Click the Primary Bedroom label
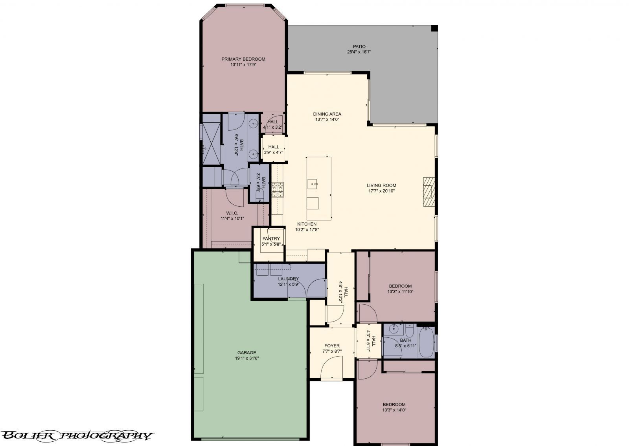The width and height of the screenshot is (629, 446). (243, 59)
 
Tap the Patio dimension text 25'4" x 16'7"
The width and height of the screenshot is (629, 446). (359, 52)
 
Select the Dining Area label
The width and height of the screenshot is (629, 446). (327, 114)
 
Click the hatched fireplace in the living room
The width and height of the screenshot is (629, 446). (429, 192)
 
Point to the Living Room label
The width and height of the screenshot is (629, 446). (381, 185)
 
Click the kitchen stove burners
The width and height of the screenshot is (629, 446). (278, 189)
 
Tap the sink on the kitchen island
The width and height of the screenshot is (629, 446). (312, 184)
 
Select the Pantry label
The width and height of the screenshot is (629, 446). (271, 239)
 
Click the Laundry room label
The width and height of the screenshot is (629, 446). (289, 279)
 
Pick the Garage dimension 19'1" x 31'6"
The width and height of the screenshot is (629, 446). (247, 358)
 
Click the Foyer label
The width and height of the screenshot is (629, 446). (332, 346)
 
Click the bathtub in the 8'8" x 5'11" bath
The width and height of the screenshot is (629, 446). (426, 343)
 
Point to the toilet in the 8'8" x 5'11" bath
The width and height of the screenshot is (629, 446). (409, 331)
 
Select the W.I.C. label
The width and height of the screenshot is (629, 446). (232, 213)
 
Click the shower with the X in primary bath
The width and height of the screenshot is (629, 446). (212, 144)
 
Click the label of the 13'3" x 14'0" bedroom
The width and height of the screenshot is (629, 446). (394, 404)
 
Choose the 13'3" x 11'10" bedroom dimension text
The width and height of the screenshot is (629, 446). (400, 292)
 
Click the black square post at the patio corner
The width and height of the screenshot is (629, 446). (434, 28)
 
